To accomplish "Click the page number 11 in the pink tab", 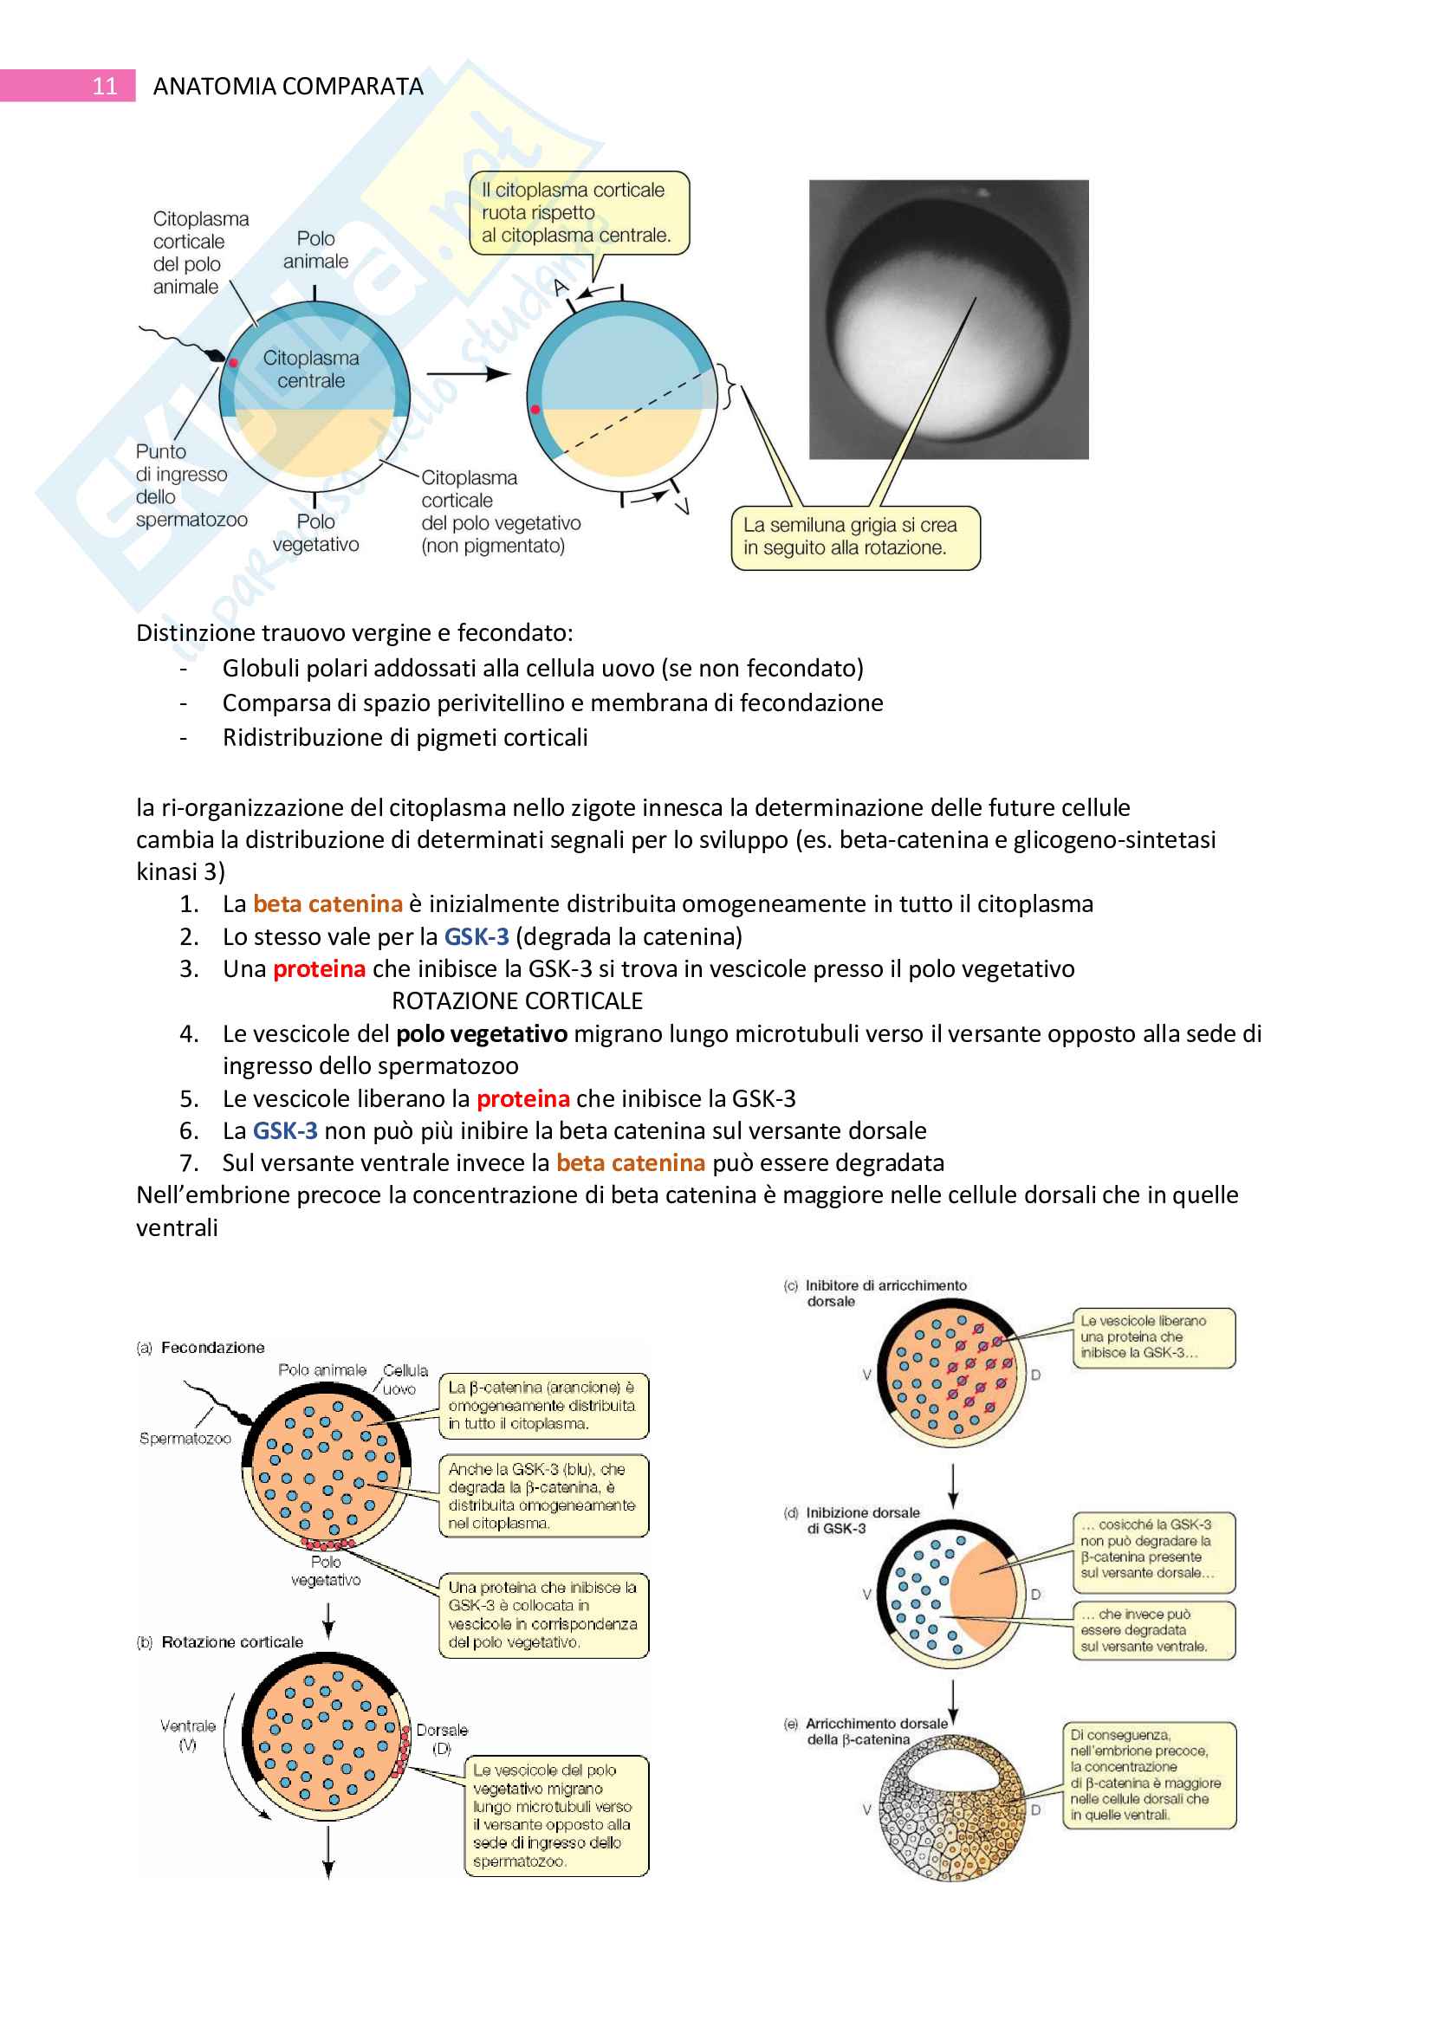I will [104, 86].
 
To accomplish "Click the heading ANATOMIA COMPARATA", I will [288, 87].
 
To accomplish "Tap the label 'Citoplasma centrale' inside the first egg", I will [311, 370].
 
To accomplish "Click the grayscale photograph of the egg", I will [949, 320].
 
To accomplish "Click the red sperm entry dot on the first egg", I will [234, 363].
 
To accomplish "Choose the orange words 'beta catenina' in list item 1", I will [327, 904].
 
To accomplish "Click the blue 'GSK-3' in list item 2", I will [477, 937].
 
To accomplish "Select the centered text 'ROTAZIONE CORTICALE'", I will [517, 1001].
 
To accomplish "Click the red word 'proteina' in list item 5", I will [523, 1099].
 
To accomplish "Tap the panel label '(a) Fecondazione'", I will [201, 1348].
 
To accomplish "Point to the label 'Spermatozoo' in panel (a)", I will [185, 1439].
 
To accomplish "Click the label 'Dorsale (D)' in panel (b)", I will [442, 1738].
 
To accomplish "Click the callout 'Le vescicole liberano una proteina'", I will [1153, 1337].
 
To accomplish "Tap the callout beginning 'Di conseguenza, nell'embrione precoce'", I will [1149, 1775].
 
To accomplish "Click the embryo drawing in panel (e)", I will [952, 1809].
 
